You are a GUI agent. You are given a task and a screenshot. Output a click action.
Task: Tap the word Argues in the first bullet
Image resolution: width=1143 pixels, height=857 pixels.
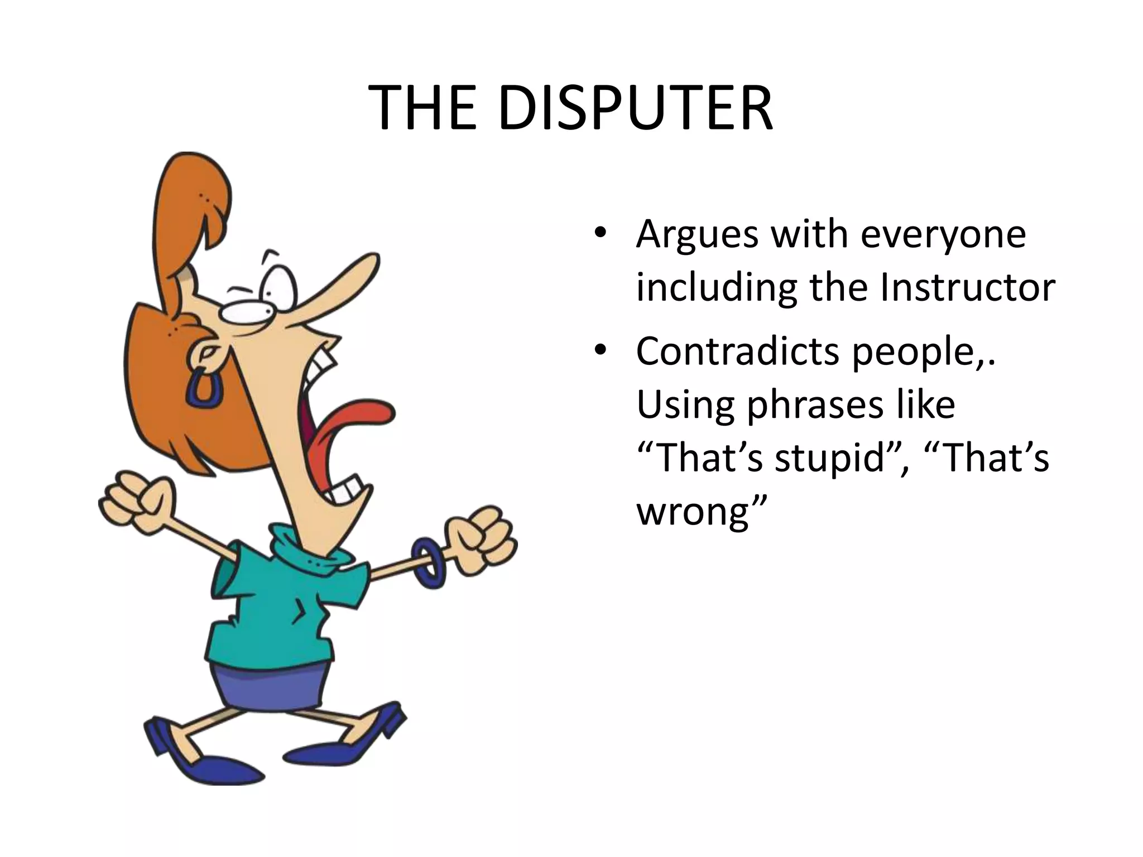pos(697,234)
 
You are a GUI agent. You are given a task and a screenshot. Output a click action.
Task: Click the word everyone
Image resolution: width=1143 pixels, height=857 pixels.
pos(943,234)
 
